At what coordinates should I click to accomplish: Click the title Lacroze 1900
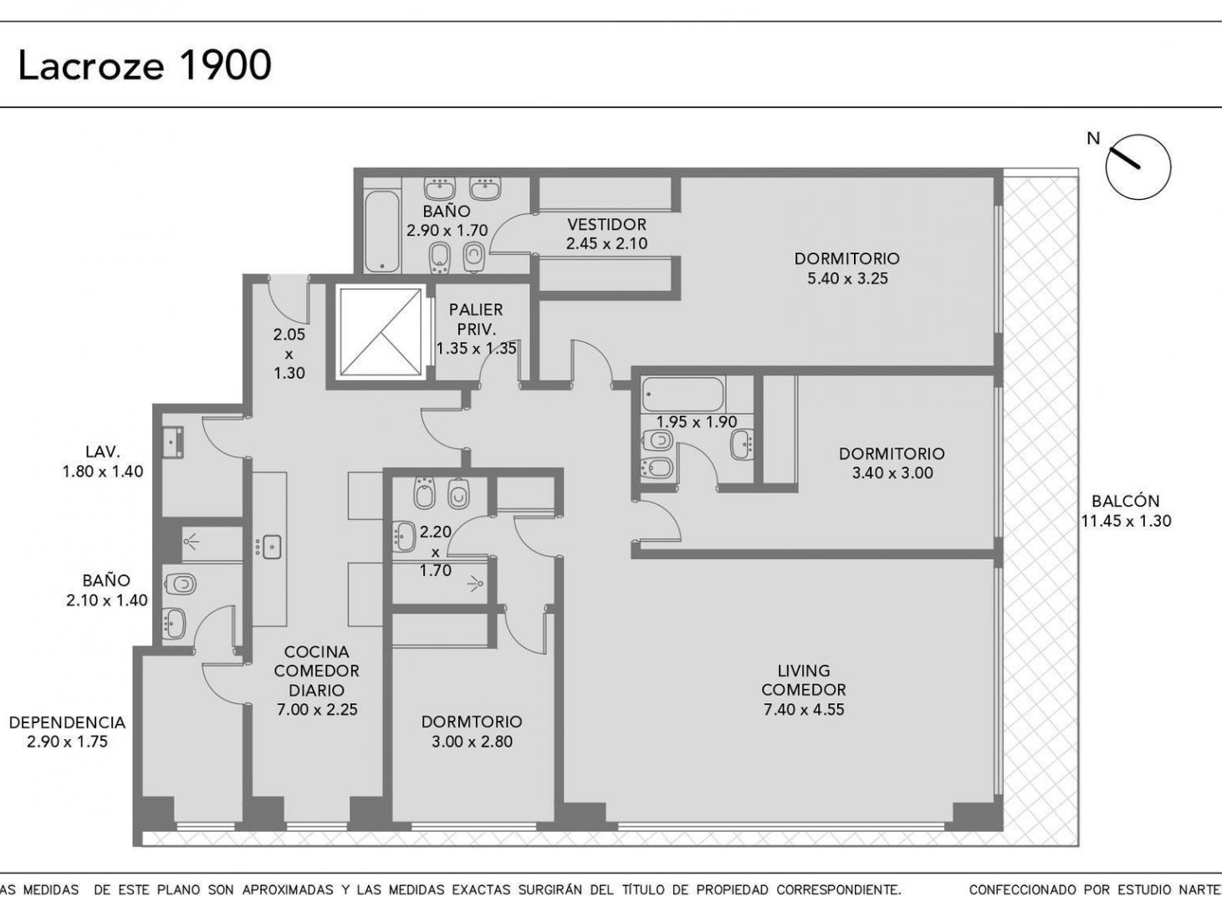(145, 65)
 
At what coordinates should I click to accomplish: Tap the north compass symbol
(1138, 166)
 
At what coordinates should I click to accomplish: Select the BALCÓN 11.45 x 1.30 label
(1125, 511)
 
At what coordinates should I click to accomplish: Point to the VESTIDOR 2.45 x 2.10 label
(606, 234)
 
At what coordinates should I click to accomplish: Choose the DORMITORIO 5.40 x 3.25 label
(846, 268)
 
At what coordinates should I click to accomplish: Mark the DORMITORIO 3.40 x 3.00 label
(892, 463)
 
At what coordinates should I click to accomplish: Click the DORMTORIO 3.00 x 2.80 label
(472, 732)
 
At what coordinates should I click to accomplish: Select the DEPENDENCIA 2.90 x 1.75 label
(67, 732)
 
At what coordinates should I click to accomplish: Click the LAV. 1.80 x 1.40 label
(102, 462)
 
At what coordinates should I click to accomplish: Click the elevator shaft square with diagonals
(381, 332)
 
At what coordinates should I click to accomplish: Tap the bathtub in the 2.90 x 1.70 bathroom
(382, 231)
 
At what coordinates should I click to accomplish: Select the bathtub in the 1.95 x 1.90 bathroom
(683, 395)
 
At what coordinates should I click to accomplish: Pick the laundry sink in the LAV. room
(174, 442)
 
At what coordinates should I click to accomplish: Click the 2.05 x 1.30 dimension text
(289, 354)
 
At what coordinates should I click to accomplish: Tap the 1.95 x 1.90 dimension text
(696, 422)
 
